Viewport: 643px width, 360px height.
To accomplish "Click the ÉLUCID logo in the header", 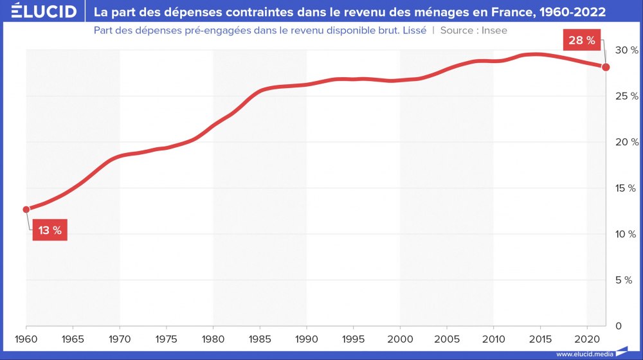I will [39, 12].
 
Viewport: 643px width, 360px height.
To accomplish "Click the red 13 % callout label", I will [50, 231].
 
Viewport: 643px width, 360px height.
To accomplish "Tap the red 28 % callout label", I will [582, 41].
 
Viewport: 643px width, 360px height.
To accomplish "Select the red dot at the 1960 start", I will [26, 209].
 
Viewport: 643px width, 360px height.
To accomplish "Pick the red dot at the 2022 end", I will [606, 67].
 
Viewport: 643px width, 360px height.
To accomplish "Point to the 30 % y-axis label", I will [626, 50].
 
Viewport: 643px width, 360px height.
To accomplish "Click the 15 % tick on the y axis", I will [626, 188].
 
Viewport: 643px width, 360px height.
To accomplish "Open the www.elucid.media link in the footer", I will [584, 354].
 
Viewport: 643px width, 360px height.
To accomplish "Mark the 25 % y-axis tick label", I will [626, 96].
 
